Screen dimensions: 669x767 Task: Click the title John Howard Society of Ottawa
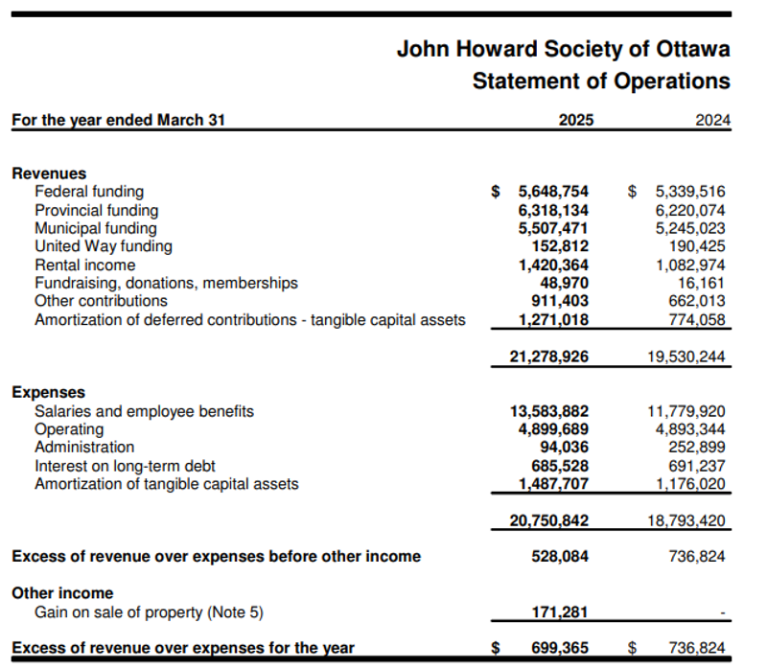(563, 48)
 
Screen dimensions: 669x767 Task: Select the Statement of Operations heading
(600, 81)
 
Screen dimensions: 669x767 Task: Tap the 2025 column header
(575, 121)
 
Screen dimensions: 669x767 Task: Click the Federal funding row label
(89, 192)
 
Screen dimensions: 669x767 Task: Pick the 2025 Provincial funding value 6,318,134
(553, 210)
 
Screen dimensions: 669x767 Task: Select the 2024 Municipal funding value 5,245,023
(690, 228)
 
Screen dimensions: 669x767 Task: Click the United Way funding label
(104, 246)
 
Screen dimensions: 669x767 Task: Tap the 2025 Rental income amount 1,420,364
(553, 265)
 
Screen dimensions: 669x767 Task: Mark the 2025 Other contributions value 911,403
(560, 301)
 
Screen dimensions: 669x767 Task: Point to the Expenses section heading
(48, 392)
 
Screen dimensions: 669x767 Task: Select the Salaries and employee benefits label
(144, 411)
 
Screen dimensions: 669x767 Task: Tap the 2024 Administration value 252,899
(697, 448)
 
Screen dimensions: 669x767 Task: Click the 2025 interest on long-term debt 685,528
(560, 466)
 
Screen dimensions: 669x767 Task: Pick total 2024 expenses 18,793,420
(686, 521)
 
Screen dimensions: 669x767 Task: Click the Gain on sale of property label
(149, 611)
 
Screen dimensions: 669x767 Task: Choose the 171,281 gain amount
(560, 611)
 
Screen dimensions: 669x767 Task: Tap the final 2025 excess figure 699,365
(560, 649)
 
